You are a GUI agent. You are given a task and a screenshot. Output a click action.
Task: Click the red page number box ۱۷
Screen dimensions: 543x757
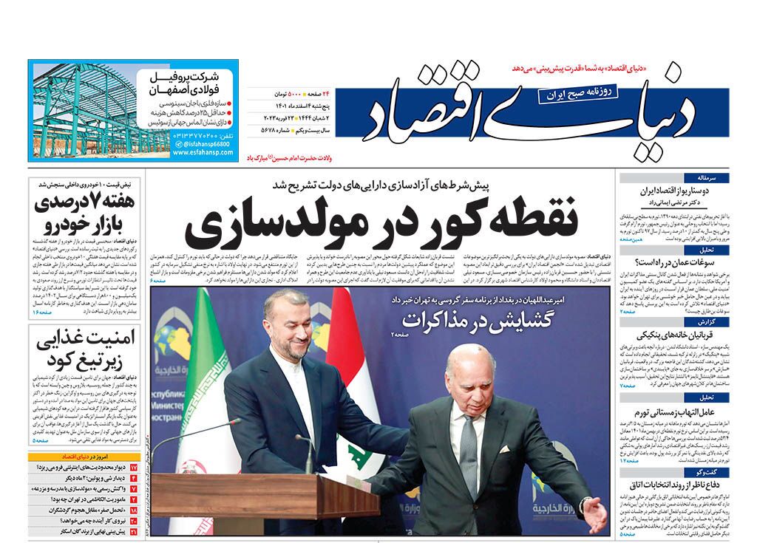click(x=134, y=468)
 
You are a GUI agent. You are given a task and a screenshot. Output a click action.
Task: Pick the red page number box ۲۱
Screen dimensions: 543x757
click(x=134, y=530)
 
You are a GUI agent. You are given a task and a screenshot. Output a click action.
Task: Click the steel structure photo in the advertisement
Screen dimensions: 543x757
click(x=89, y=111)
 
